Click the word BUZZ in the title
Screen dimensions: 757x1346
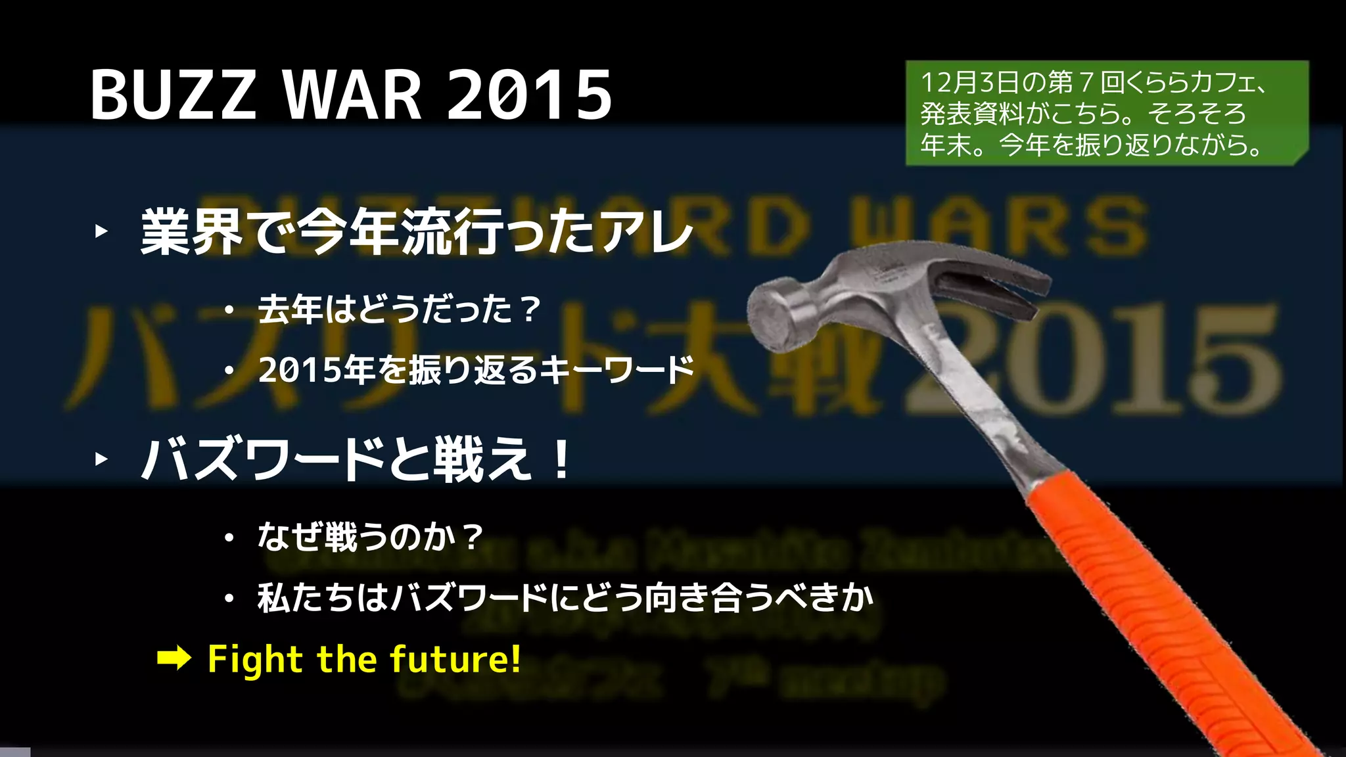173,95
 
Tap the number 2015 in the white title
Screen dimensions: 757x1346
529,95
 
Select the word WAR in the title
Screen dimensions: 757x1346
352,95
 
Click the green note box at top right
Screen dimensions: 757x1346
1106,113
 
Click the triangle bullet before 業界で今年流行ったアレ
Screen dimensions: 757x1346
101,231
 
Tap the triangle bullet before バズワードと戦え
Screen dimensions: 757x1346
101,459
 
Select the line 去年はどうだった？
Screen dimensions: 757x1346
399,310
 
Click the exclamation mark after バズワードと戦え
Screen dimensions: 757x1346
561,459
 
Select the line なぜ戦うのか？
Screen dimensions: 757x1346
370,537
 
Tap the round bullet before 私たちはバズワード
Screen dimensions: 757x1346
229,599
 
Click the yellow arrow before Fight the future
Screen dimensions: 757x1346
174,658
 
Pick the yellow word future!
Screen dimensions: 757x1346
455,659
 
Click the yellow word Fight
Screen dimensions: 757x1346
255,659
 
